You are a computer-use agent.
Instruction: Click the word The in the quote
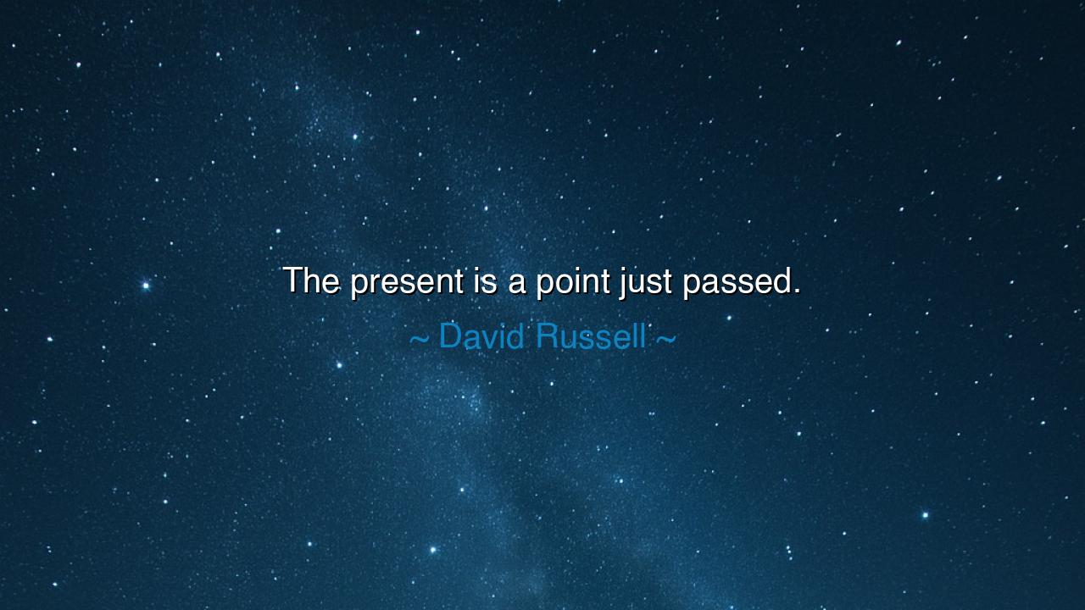pos(311,280)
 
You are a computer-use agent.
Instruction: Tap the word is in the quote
pos(487,280)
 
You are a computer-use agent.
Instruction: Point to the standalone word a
pos(517,283)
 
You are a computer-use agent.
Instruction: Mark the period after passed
pos(797,291)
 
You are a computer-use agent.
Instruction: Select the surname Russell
pos(591,336)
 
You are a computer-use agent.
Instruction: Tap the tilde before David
pos(420,339)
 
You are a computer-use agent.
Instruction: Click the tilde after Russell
pos(665,339)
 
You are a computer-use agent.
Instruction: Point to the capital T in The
pos(293,280)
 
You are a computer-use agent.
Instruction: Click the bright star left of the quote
pos(146,286)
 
